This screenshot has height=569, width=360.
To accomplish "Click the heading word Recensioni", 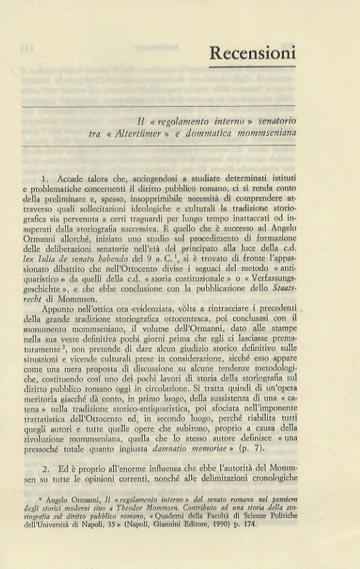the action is point(252,52).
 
